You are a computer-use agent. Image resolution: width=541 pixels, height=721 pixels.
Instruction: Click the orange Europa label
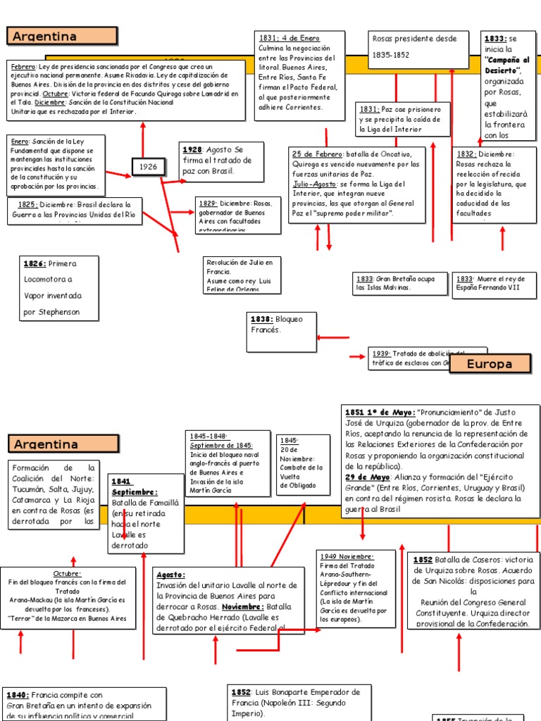click(x=490, y=364)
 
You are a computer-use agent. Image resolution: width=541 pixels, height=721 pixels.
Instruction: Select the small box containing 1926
click(x=148, y=167)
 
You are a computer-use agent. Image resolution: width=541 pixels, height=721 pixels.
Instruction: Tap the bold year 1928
click(x=192, y=150)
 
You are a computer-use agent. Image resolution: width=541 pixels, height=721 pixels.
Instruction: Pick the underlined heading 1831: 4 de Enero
click(x=289, y=38)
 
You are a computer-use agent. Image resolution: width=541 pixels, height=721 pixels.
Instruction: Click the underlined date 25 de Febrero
click(x=317, y=154)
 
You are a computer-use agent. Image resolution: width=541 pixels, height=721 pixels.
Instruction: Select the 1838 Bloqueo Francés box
click(x=282, y=332)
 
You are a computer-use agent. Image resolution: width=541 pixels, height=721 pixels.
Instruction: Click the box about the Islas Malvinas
click(x=398, y=283)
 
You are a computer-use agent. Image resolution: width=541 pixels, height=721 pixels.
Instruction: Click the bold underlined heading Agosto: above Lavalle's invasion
click(x=170, y=575)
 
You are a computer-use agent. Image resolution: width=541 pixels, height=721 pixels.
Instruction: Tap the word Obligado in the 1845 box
click(x=302, y=485)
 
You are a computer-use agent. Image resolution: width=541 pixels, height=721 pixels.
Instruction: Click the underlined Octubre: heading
click(x=67, y=574)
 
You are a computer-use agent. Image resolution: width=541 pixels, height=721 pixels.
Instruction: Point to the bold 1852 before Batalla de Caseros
click(x=423, y=560)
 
